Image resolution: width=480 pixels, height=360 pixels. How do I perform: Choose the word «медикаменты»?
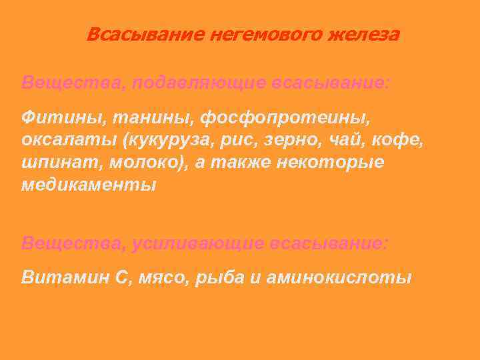(88, 185)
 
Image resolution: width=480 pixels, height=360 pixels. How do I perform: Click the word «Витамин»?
(59, 277)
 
